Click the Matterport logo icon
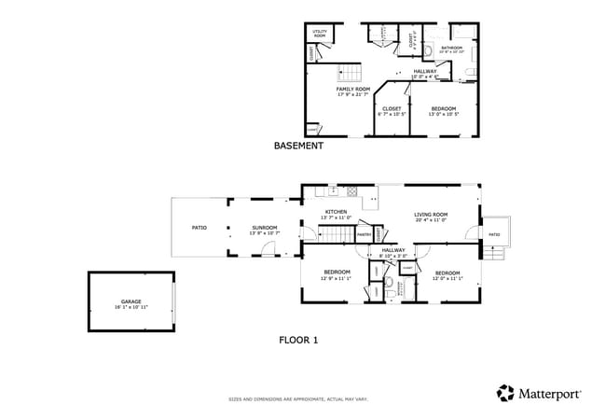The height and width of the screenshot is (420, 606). point(504,393)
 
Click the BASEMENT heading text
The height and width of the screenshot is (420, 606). point(298,146)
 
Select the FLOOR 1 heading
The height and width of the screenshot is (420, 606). point(298,340)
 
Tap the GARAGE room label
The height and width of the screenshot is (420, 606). point(131,301)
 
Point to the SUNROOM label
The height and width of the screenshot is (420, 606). point(265,228)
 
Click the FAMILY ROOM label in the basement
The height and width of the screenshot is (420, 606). point(352,89)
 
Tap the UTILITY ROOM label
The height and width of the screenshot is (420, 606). point(319,34)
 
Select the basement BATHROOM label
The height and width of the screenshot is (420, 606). point(451,48)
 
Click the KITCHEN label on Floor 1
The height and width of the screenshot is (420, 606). point(336,213)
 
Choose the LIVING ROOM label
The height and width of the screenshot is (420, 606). point(431,215)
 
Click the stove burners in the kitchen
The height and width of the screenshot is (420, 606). point(351,191)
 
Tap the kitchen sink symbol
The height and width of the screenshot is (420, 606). point(332,191)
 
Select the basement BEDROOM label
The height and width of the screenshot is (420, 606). point(444,109)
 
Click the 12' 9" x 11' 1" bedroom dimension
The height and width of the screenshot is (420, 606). point(336,277)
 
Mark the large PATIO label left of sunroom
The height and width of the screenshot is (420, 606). point(199,228)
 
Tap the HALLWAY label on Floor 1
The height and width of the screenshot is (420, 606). point(393,250)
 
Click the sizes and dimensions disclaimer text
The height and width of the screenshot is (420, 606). point(298,399)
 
